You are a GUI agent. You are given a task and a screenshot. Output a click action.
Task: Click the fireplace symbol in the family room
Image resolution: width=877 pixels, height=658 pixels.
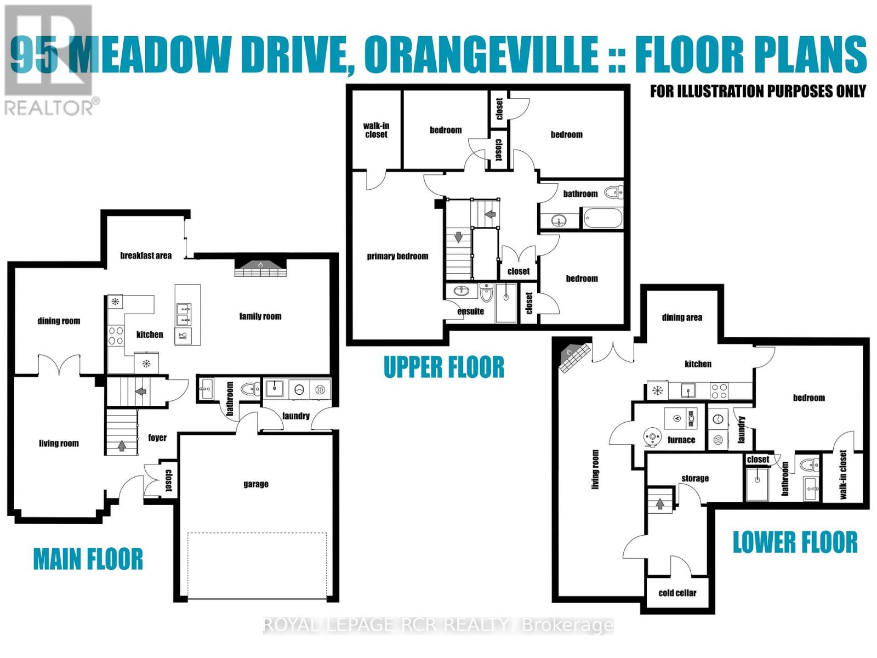point(261,267)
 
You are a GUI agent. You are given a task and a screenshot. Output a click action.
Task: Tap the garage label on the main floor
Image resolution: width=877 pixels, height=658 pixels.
point(256,484)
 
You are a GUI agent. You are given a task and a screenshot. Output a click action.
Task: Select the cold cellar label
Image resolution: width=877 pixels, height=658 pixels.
point(677,593)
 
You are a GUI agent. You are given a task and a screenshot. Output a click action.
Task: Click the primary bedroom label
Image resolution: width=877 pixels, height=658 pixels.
point(397,256)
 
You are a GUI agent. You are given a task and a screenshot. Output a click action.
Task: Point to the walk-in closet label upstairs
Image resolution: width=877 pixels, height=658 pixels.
point(376,130)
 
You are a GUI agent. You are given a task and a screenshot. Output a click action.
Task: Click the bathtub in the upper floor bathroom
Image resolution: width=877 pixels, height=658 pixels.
point(602,219)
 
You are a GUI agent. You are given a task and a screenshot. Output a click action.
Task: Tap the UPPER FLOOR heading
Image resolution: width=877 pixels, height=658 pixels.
point(443,367)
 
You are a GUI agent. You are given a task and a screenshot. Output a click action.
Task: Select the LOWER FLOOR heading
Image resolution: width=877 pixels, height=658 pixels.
point(795,542)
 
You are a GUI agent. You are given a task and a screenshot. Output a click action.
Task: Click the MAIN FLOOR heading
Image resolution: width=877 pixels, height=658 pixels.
point(88,559)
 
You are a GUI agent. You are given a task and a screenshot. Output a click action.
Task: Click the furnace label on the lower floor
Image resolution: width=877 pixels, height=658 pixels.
point(681,440)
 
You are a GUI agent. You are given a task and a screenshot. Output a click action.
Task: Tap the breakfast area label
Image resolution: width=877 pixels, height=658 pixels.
point(146,256)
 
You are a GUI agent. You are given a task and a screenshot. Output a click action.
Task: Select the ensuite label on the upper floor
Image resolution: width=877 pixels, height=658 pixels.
point(470,311)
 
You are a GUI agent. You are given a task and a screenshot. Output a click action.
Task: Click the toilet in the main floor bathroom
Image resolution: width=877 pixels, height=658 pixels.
point(252,389)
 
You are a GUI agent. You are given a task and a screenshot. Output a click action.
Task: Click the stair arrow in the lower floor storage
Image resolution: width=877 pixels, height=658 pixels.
point(660,503)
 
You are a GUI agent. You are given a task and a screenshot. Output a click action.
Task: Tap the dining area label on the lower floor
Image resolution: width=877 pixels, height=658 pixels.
point(682,317)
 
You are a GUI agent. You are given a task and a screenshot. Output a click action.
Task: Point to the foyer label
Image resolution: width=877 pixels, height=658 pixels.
point(157,438)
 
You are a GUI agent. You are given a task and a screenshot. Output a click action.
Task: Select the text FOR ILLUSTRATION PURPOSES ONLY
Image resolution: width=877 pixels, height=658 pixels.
point(758,91)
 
